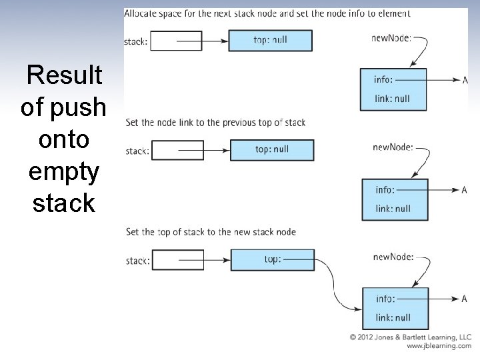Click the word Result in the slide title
click(64, 75)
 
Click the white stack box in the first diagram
click(177, 41)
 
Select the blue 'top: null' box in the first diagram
click(270, 40)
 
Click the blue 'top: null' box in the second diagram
click(272, 150)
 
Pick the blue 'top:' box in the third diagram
click(272, 259)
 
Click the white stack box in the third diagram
click(178, 260)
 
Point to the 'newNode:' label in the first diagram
click(391, 38)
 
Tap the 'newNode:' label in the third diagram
click(393, 257)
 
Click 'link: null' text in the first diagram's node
click(393, 99)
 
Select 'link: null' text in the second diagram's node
click(393, 209)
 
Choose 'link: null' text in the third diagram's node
click(393, 317)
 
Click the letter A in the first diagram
click(465, 80)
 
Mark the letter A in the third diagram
click(464, 299)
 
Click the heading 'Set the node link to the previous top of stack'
click(215, 122)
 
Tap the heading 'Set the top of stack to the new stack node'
click(211, 232)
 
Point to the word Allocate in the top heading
click(142, 13)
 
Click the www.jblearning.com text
click(439, 346)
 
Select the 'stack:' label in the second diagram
click(137, 151)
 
